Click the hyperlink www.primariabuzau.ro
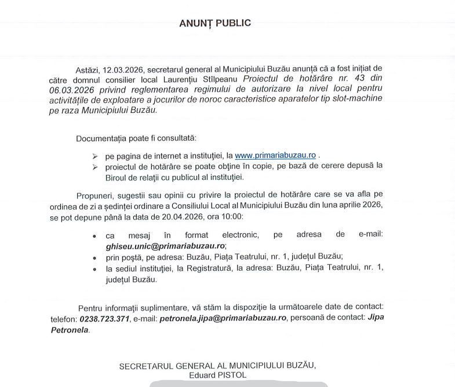(x=275, y=156)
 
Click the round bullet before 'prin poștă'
(x=94, y=256)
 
